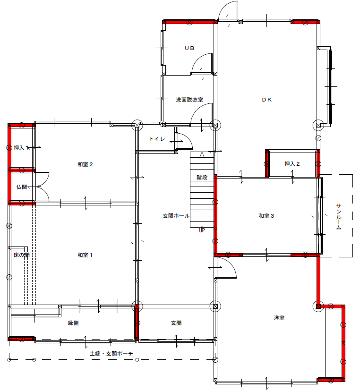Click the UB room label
pos(189,48)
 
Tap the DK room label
pos(267,100)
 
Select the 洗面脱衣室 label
pos(189,100)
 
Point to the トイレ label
pos(157,139)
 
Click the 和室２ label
pos(85,164)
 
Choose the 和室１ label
pos(85,255)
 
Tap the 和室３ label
pos(266,216)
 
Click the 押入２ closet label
pos(292,164)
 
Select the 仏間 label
pos(21,187)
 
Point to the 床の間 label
pos(21,255)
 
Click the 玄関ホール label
pos(176,216)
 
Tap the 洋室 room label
pos(279,318)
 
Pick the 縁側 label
pos(73,323)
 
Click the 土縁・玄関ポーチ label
pos(111,354)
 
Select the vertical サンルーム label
pos(339,216)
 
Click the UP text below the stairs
pos(202,230)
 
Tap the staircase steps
pos(202,189)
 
